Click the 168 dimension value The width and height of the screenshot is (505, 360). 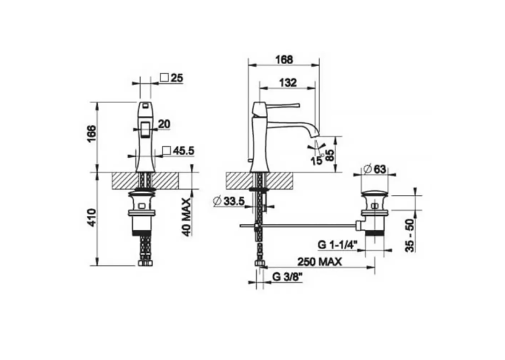(x=285, y=59)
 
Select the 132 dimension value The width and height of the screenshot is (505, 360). (x=288, y=83)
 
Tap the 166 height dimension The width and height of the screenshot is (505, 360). (x=92, y=133)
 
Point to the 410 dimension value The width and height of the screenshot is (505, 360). (x=92, y=217)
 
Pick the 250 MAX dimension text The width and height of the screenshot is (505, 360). (x=319, y=262)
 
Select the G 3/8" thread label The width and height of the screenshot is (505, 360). (x=287, y=277)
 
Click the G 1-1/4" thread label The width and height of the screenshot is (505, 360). (x=338, y=245)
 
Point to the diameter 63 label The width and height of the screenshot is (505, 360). (x=374, y=168)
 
